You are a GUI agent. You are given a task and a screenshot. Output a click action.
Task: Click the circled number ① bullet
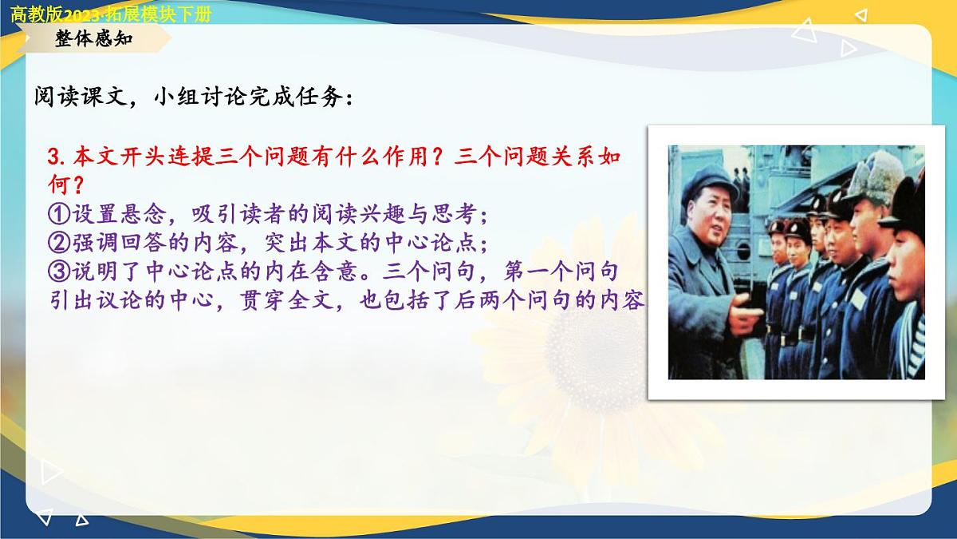(x=59, y=215)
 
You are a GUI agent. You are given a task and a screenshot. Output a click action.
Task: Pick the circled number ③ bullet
(x=59, y=272)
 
